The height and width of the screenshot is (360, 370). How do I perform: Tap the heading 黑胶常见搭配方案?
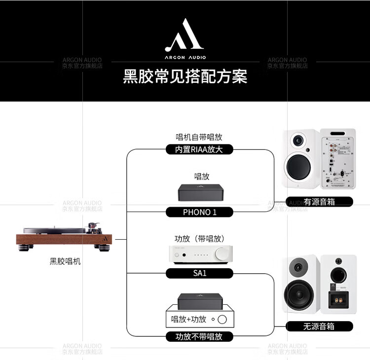coord(185,76)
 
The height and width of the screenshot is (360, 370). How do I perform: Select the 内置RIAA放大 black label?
coord(199,149)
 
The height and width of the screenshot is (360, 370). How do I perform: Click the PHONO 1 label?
coord(199,212)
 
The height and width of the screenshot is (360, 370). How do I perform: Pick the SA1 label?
coord(199,273)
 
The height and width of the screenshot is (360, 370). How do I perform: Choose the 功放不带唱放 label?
coord(199,337)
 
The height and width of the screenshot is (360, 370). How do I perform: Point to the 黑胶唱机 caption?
coord(65,261)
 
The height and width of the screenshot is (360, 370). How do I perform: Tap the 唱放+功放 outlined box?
coord(199,319)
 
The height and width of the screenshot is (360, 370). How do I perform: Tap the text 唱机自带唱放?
coord(199,138)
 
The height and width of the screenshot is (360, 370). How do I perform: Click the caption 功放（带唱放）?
coord(199,239)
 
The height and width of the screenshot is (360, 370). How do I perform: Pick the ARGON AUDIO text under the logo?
coord(185,56)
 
